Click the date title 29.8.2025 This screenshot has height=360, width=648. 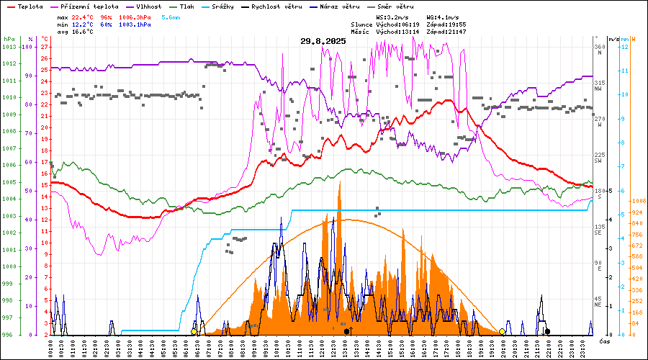[323, 41]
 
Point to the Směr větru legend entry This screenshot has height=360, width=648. [395, 6]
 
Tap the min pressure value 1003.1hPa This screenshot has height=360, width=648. [135, 24]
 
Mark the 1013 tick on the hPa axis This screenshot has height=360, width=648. [9, 47]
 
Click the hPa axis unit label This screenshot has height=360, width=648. [9, 39]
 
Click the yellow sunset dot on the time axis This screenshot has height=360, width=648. [502, 331]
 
